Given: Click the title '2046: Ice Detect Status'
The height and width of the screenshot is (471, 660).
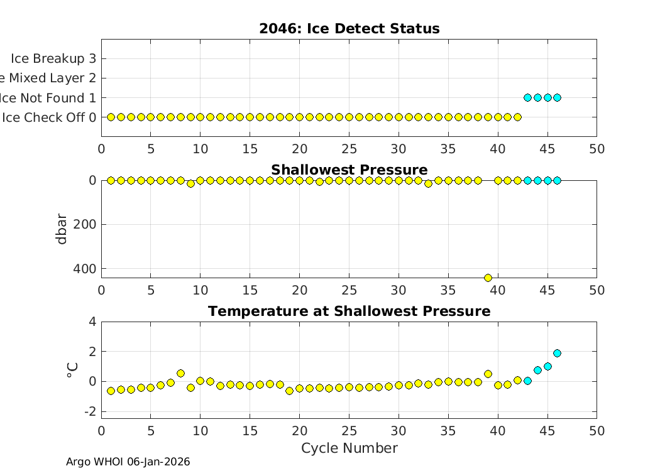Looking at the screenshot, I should pyautogui.click(x=349, y=29).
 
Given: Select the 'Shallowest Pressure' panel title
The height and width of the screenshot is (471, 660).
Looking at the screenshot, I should pyautogui.click(x=349, y=170).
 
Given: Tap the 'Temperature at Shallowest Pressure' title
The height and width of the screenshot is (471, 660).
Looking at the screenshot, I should pyautogui.click(x=349, y=311).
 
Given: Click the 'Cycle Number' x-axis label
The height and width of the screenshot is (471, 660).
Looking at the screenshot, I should pyautogui.click(x=349, y=448).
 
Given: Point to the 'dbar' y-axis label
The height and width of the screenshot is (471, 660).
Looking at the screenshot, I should pyautogui.click(x=62, y=229).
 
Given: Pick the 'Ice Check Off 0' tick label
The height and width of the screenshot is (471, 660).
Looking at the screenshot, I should pyautogui.click(x=49, y=117).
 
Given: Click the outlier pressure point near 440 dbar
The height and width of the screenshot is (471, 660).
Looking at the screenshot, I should pyautogui.click(x=488, y=278).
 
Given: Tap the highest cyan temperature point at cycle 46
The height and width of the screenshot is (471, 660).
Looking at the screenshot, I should pyautogui.click(x=557, y=353).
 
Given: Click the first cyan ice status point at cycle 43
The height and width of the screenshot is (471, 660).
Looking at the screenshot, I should pyautogui.click(x=527, y=97).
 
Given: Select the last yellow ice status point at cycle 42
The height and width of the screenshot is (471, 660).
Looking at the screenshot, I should pyautogui.click(x=517, y=117).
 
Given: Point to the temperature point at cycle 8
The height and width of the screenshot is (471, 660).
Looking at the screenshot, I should pyautogui.click(x=180, y=373).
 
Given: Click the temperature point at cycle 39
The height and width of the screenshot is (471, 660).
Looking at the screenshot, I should pyautogui.click(x=488, y=374).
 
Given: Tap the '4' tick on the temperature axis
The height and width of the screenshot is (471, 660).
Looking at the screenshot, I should pyautogui.click(x=92, y=322).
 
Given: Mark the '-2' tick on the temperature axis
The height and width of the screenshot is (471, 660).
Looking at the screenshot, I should pyautogui.click(x=89, y=411).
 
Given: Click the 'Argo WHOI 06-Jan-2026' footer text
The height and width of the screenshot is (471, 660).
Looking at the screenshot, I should pyautogui.click(x=128, y=462).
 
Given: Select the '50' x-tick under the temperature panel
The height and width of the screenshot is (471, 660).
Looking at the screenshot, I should pyautogui.click(x=597, y=431).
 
